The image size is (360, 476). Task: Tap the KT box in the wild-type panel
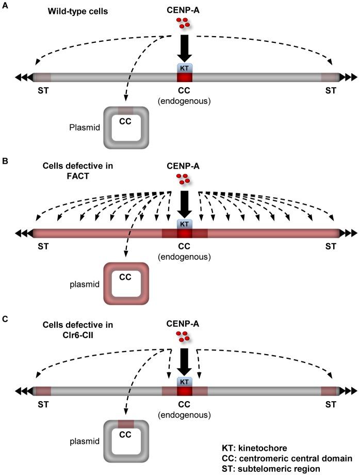pyautogui.click(x=184, y=68)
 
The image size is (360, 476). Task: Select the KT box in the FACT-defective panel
pyautogui.click(x=184, y=224)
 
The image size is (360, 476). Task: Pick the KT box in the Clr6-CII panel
pyautogui.click(x=184, y=381)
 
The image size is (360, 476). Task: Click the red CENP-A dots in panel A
pyautogui.click(x=182, y=23)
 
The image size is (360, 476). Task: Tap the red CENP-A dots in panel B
pyautogui.click(x=182, y=179)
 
